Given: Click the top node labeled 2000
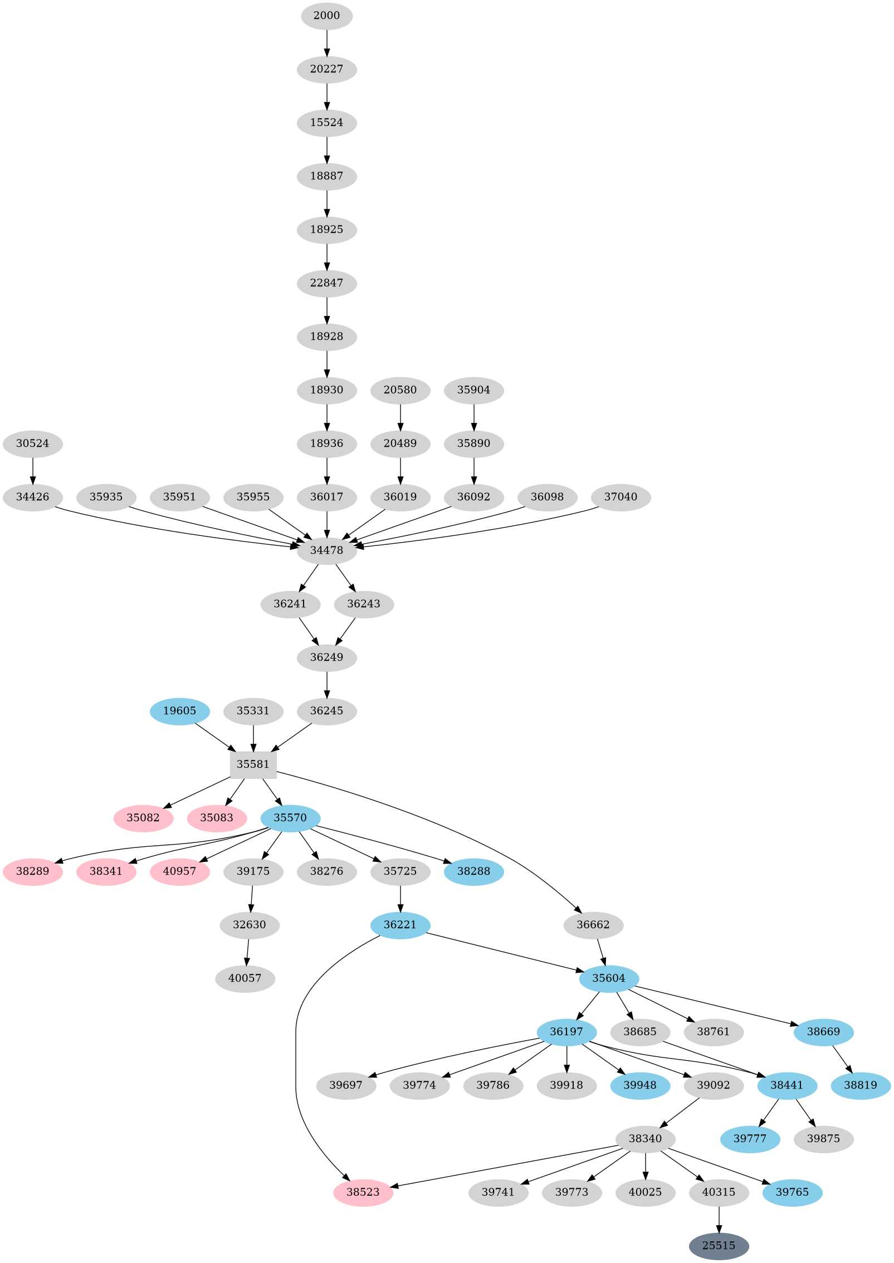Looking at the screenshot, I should click(x=326, y=16).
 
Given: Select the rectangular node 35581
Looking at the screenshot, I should click(x=253, y=764).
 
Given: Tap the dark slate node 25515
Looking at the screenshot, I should click(x=719, y=1245).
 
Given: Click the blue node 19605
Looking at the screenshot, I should click(x=179, y=710).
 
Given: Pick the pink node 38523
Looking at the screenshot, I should click(x=363, y=1192).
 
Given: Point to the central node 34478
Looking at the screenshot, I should click(x=326, y=550).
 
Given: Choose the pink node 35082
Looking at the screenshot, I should click(x=143, y=817).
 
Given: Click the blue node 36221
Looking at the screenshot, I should click(x=400, y=924).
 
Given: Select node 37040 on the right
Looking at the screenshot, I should click(x=621, y=496).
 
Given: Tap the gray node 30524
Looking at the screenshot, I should click(x=33, y=443).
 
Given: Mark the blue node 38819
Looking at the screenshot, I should click(x=860, y=1085).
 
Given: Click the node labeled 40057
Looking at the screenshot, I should click(x=245, y=978).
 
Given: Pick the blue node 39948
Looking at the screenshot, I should click(x=640, y=1085).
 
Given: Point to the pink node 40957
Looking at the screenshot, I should click(x=179, y=871).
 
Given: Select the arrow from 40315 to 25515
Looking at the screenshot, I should click(x=719, y=1218).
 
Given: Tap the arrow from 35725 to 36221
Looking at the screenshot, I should click(x=400, y=898).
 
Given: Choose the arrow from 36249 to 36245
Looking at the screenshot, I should click(x=326, y=684).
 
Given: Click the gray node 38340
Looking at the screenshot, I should click(x=645, y=1138).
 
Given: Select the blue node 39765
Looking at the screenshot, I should click(x=792, y=1192).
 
